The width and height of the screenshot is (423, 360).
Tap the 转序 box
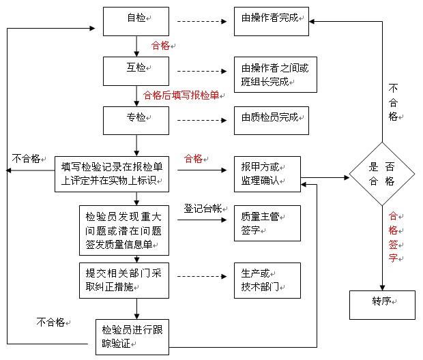point(382,304)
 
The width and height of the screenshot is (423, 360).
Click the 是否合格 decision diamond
point(382,173)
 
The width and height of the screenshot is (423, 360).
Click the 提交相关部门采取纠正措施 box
point(123,280)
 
